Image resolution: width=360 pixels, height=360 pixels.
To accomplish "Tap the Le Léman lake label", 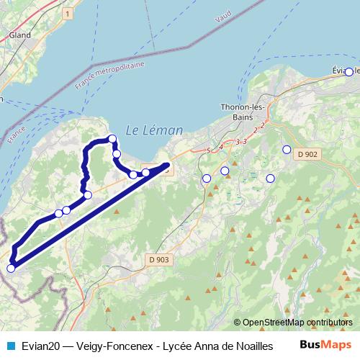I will (154, 130).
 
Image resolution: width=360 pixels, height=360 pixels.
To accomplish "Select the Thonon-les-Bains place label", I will (242, 112).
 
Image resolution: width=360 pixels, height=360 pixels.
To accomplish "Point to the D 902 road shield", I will (307, 154).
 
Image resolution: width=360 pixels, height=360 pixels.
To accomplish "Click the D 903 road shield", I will (158, 259).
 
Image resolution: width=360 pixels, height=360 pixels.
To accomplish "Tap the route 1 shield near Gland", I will (67, 14).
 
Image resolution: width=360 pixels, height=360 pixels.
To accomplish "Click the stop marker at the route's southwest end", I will (11, 269).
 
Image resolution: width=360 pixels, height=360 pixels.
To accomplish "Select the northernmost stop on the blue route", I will (112, 138).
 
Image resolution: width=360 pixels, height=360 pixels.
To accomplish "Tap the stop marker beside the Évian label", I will (349, 72).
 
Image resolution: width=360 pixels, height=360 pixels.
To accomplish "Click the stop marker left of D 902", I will (287, 150).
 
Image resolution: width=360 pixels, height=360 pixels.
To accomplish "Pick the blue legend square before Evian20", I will (10, 345).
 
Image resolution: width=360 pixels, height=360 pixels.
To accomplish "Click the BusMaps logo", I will (326, 344).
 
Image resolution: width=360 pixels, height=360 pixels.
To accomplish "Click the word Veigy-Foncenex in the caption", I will (112, 345).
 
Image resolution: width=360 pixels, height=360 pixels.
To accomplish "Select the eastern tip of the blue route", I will (168, 166).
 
